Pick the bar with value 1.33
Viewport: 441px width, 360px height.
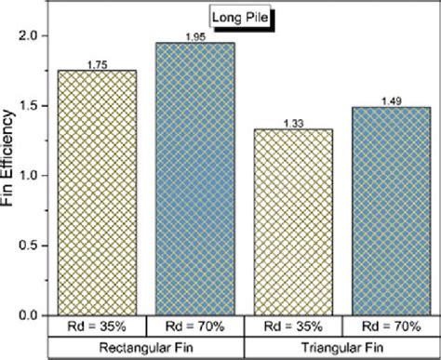click(x=293, y=222)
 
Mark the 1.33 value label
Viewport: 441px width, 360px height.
click(x=293, y=122)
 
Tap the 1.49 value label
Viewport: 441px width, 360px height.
click(x=390, y=100)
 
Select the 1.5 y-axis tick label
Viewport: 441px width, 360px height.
click(x=29, y=105)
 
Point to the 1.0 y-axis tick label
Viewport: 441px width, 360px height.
click(x=29, y=175)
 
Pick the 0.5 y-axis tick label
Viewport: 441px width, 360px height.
click(x=29, y=246)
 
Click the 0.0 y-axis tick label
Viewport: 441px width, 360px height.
click(x=29, y=315)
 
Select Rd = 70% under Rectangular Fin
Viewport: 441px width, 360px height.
click(x=194, y=327)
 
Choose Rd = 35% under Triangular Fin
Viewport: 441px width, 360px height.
click(x=293, y=327)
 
